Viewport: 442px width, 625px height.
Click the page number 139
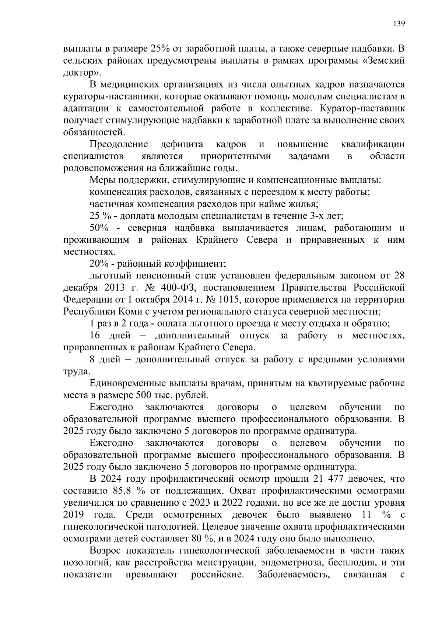[x=399, y=24]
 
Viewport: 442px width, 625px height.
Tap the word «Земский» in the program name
[x=383, y=60]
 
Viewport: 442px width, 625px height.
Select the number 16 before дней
[x=95, y=336]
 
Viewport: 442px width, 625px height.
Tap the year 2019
[x=73, y=515]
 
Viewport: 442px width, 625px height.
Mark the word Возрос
[x=106, y=551]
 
